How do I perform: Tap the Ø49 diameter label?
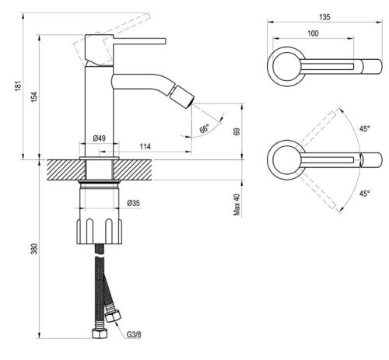coord(99,138)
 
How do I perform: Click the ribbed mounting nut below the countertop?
coord(99,230)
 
